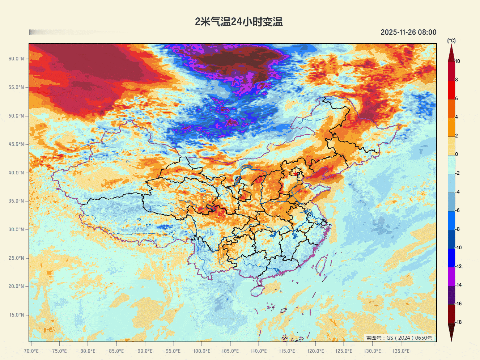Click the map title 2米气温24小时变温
click(239, 22)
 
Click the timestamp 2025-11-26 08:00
click(408, 32)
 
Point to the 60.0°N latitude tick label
click(16, 59)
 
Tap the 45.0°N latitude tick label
click(16, 144)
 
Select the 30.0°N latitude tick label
click(16, 229)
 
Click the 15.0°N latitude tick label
click(16, 315)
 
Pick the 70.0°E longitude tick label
click(31, 351)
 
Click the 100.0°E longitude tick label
click(201, 351)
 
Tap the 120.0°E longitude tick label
click(315, 351)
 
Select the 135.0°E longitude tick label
click(401, 351)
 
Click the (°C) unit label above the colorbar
click(451, 41)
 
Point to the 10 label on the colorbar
click(458, 61)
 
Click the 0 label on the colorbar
click(456, 154)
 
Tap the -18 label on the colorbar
click(458, 322)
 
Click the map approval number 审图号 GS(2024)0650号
click(399, 338)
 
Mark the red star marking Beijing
click(296, 174)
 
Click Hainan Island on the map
click(258, 290)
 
